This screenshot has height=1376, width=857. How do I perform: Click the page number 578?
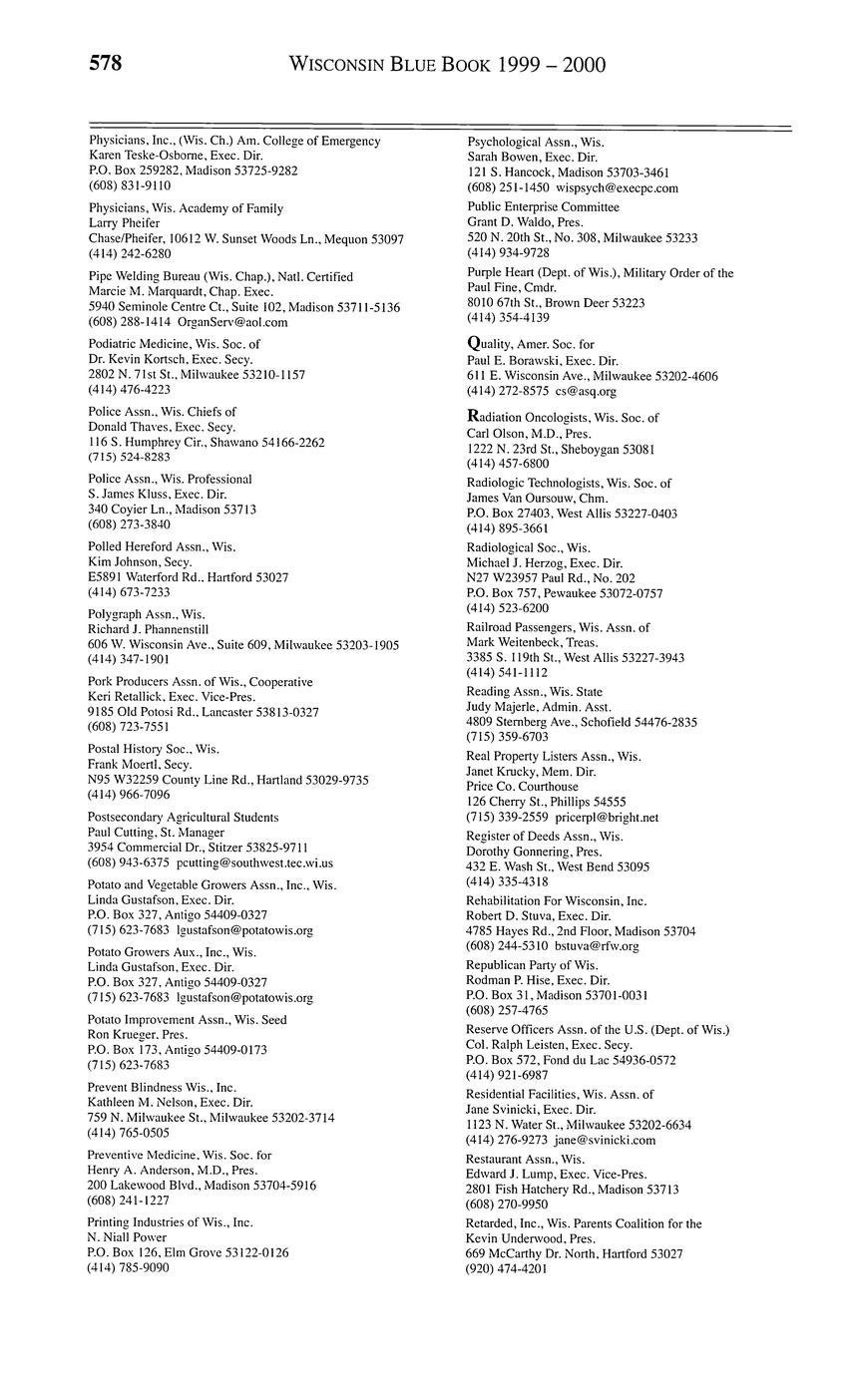(x=106, y=65)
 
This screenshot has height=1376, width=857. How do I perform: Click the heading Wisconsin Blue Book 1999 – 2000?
(x=447, y=66)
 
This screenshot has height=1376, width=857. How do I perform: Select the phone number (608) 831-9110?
(x=130, y=185)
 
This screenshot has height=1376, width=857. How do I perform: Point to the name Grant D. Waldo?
(x=510, y=222)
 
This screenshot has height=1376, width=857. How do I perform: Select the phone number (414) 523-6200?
(x=508, y=607)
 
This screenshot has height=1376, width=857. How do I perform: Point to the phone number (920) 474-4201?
(x=507, y=1269)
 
